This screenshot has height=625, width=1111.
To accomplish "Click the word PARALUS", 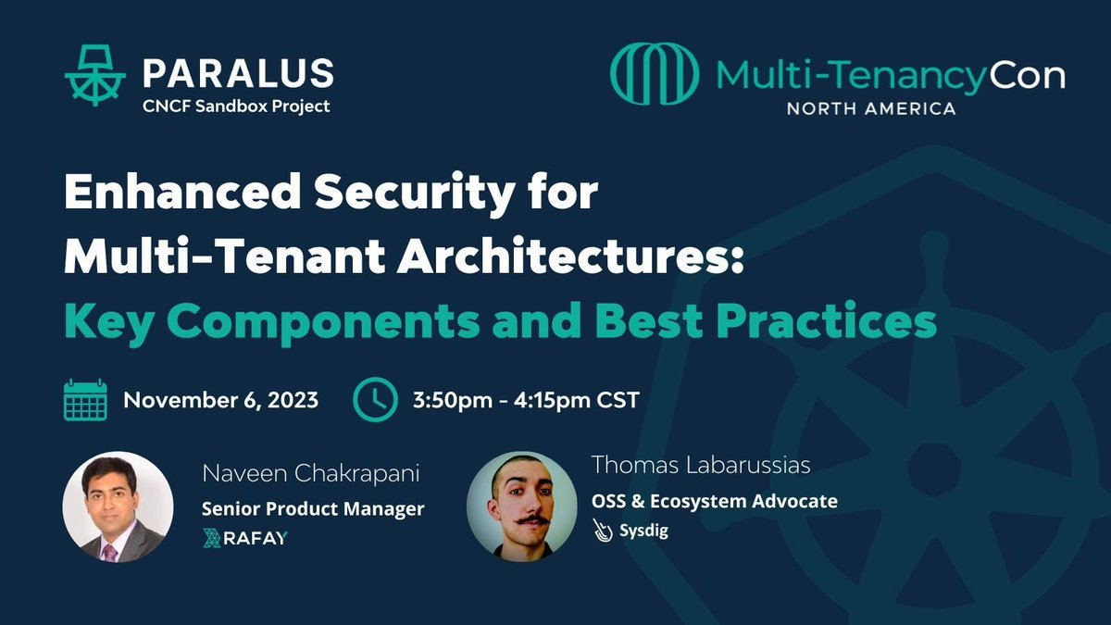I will tap(238, 72).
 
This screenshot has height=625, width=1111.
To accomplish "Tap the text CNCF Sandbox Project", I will tap(236, 106).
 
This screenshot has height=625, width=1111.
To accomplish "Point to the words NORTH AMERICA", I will tap(871, 108).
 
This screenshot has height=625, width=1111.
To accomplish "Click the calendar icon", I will tap(85, 400).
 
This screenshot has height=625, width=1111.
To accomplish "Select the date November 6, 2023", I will tap(221, 401).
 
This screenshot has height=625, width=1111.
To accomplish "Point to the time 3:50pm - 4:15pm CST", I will tap(526, 401).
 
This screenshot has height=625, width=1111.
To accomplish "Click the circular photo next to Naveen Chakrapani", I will tap(118, 506).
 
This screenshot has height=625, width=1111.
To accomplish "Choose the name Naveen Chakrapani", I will tap(311, 475).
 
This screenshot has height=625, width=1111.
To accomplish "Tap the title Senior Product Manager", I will tap(313, 507).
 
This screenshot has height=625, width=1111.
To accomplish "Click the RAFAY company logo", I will tap(244, 538).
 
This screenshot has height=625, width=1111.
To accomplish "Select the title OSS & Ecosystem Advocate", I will tap(715, 501).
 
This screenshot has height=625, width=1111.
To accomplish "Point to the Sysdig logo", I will tap(631, 531).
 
